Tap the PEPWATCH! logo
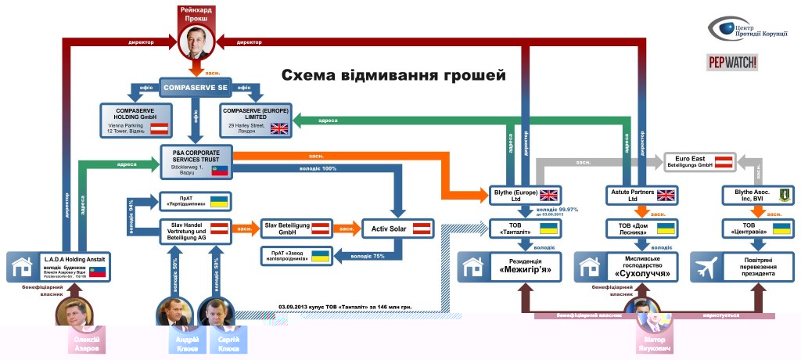[733, 63]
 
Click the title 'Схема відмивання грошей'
[393, 76]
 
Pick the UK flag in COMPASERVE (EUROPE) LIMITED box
[278, 129]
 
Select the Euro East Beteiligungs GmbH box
[699, 162]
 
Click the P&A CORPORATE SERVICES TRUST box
[198, 160]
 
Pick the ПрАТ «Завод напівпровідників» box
[296, 255]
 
